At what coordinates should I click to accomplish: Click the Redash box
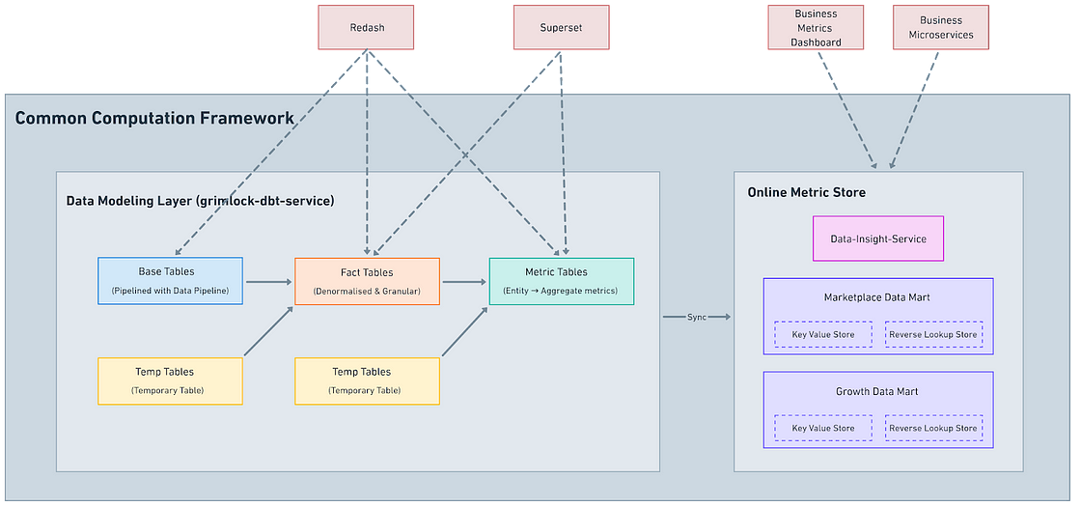point(366,28)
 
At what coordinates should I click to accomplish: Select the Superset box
point(560,28)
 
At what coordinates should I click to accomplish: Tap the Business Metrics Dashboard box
point(817,28)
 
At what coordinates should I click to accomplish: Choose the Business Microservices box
point(940,28)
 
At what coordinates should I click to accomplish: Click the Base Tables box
point(170,281)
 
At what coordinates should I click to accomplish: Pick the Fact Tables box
point(367,281)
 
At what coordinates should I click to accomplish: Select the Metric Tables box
point(562,281)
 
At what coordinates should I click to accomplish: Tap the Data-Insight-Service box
point(877,239)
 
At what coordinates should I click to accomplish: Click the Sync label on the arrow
point(697,317)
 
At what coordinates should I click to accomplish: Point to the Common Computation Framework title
point(154,119)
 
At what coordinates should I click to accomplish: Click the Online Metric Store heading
point(806,192)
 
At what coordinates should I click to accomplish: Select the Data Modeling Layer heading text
point(200,201)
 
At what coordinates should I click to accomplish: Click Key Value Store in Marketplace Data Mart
point(822,334)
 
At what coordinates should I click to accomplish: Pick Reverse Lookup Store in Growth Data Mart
point(933,428)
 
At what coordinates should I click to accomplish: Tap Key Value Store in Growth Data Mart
point(822,428)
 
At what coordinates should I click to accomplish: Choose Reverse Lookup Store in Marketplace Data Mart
point(933,334)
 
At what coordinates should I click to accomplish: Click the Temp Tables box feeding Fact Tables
point(170,380)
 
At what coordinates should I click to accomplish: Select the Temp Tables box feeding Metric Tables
point(367,380)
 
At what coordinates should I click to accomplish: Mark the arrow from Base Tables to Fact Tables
point(268,282)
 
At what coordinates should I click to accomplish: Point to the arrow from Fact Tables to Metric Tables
point(464,282)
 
